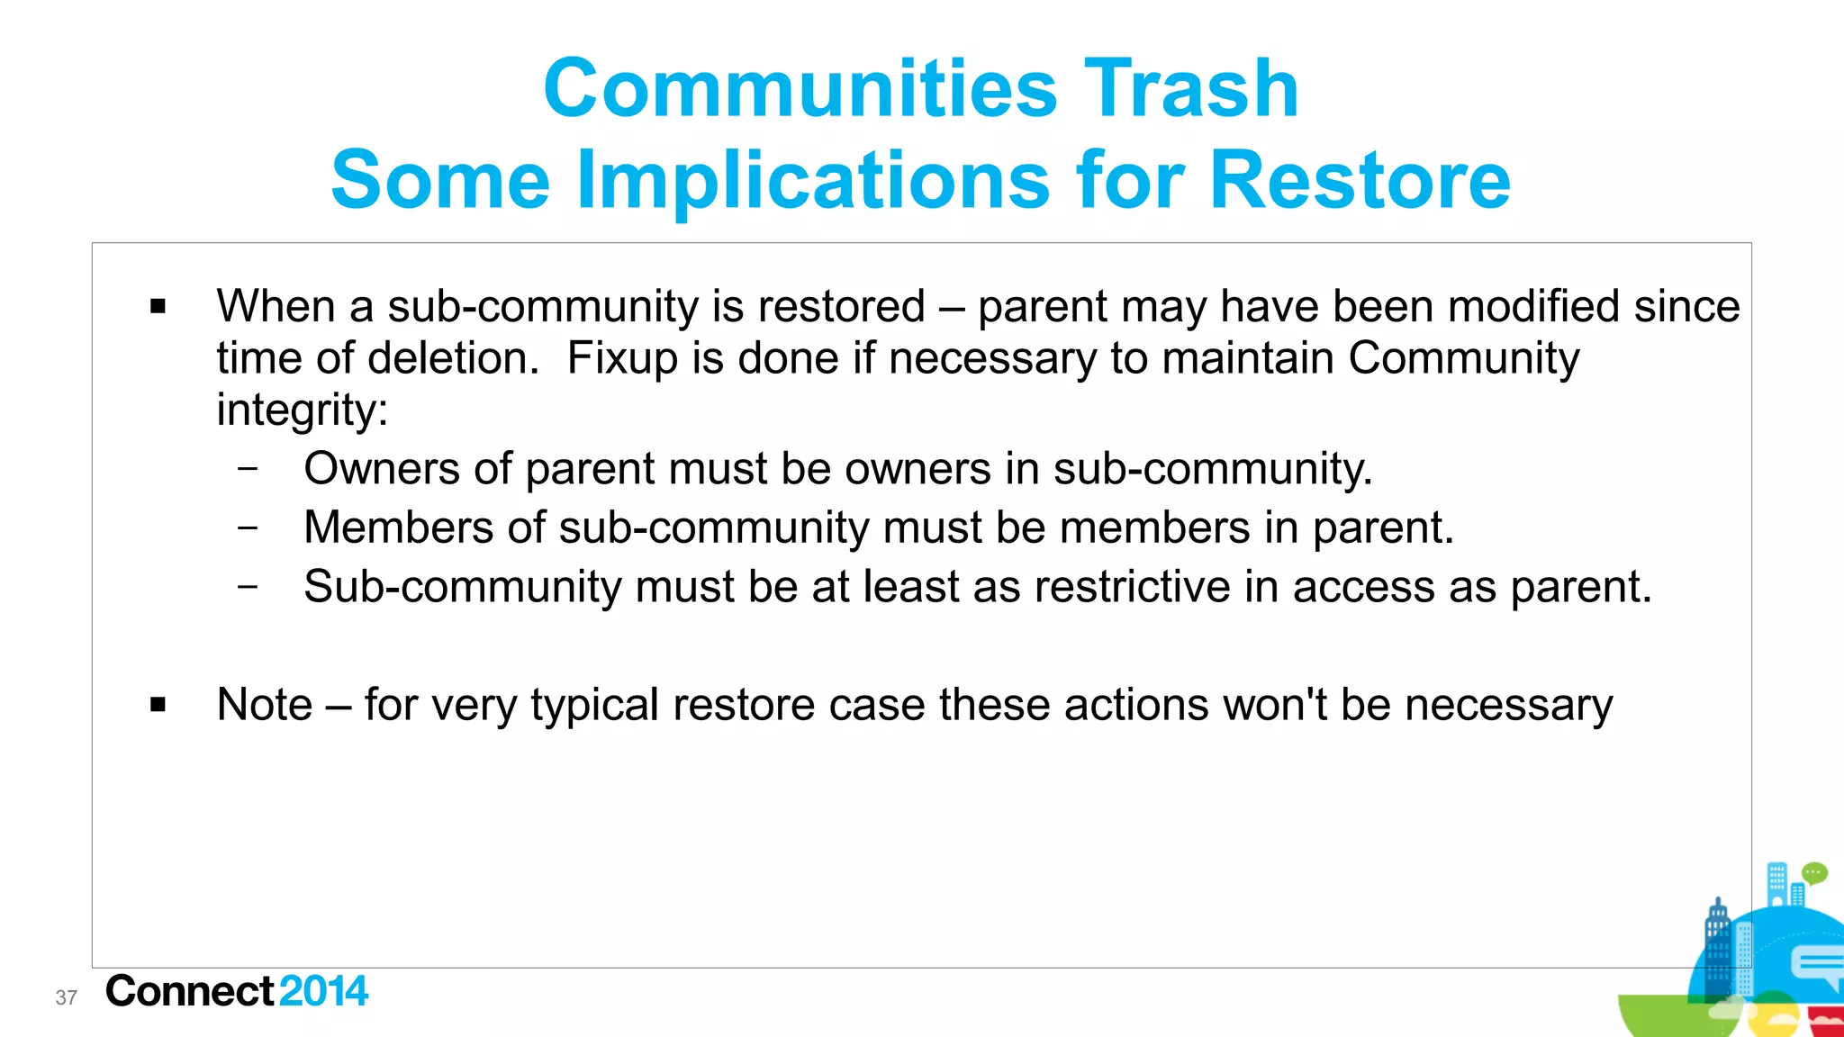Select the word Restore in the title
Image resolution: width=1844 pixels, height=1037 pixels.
[1360, 180]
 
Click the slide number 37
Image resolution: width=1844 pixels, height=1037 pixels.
[67, 997]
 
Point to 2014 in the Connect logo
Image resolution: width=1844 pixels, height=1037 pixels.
[323, 991]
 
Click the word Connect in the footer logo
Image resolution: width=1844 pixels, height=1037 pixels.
[189, 991]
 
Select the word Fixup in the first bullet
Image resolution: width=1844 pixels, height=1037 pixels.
[621, 358]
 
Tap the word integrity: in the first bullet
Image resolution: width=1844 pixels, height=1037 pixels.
[303, 410]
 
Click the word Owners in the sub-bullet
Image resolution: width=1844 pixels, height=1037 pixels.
[382, 469]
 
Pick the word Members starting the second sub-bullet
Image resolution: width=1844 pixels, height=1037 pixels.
[398, 528]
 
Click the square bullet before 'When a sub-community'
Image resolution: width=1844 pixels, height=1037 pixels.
[158, 307]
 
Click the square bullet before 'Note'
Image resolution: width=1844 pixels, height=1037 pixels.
[158, 705]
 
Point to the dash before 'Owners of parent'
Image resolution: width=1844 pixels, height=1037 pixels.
[248, 468]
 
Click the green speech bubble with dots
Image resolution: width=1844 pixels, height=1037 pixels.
[1814, 873]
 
